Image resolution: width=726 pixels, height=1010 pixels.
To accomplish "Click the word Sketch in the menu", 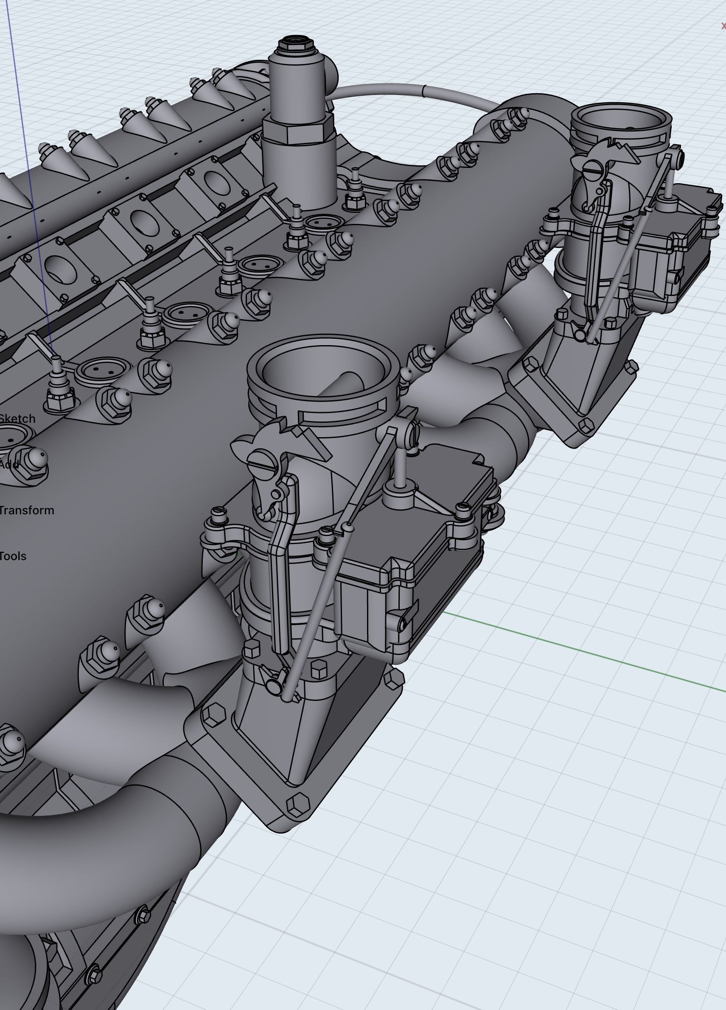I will coord(17,419).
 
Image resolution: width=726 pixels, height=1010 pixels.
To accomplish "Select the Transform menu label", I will coord(26,511).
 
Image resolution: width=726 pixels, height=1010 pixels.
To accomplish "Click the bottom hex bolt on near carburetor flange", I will coord(298,804).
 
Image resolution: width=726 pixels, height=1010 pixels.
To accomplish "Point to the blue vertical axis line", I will coord(27,178).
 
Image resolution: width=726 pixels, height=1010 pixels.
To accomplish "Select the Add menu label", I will coord(9,464).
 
